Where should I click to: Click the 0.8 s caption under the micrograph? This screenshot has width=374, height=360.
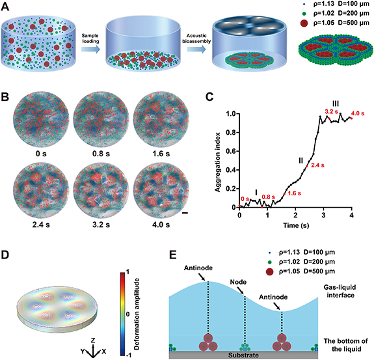(x=95, y=148)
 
